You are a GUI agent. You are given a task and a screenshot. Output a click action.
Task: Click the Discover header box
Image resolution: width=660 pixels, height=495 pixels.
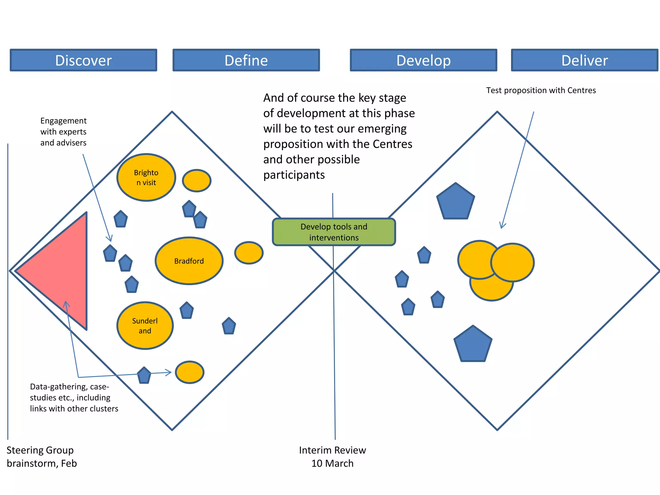pos(83,60)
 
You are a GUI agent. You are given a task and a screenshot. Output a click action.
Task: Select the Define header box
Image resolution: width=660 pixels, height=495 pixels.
pos(246,60)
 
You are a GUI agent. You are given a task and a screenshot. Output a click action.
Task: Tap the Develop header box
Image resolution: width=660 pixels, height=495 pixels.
pos(423,60)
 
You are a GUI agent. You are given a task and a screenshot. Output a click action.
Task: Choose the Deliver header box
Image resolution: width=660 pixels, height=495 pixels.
pos(585,60)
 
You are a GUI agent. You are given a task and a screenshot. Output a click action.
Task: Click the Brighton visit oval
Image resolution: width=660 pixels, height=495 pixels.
pos(146,178)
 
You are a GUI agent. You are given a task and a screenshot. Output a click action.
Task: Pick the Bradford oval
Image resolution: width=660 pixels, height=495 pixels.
pos(189,261)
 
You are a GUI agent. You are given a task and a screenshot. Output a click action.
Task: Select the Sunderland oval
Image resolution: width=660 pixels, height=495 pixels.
pos(145,325)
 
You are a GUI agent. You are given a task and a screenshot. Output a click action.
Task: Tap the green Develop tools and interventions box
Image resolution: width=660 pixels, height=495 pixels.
pos(334,232)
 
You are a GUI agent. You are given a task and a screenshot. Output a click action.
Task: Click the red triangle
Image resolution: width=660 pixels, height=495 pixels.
pos(61,271)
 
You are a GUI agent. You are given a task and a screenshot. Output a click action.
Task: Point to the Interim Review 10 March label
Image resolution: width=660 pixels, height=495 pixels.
pos(332,457)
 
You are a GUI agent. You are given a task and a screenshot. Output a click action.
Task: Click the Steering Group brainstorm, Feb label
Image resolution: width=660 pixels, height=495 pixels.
pos(42,457)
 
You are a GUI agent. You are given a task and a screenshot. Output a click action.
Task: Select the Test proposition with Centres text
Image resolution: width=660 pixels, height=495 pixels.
pos(541,90)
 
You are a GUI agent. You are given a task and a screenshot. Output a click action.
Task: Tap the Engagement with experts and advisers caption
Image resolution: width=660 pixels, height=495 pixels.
pos(63,131)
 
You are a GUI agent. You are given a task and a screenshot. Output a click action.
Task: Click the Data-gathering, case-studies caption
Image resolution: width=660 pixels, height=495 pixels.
pos(74,397)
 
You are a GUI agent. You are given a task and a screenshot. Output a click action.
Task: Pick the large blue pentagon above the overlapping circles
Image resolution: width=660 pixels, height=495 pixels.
pos(455,202)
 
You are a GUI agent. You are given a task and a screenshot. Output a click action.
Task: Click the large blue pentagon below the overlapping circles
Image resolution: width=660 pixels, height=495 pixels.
pos(473,345)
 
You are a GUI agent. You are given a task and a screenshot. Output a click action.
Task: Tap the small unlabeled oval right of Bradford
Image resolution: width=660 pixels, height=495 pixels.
pos(249,253)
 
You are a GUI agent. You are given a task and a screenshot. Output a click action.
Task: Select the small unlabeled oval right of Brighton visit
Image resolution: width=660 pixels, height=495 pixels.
pos(197,180)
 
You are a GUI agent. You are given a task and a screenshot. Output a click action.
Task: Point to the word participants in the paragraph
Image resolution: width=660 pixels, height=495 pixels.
pos(294,175)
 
